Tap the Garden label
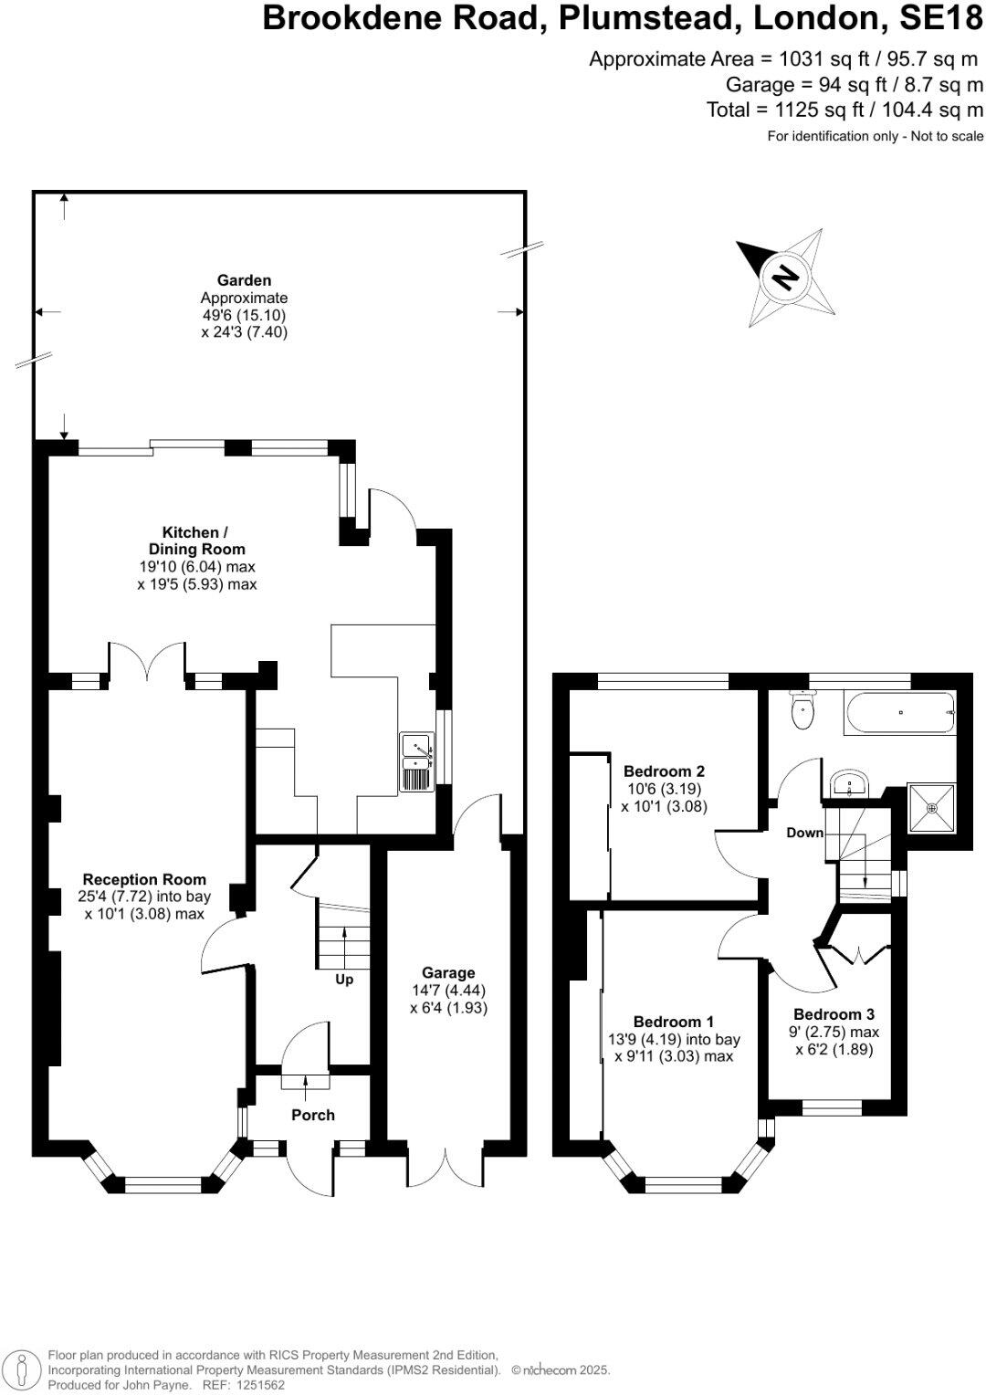244,281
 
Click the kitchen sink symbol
416,760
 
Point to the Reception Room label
144,880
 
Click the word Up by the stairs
344,980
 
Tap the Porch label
313,1115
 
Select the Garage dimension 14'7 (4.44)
448,991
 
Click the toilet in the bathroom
803,711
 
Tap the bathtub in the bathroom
900,712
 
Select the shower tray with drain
931,808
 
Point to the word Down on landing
805,833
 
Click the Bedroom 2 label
664,771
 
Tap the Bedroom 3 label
834,1014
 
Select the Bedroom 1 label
674,1022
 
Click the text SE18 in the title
942,18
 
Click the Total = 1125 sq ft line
844,110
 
